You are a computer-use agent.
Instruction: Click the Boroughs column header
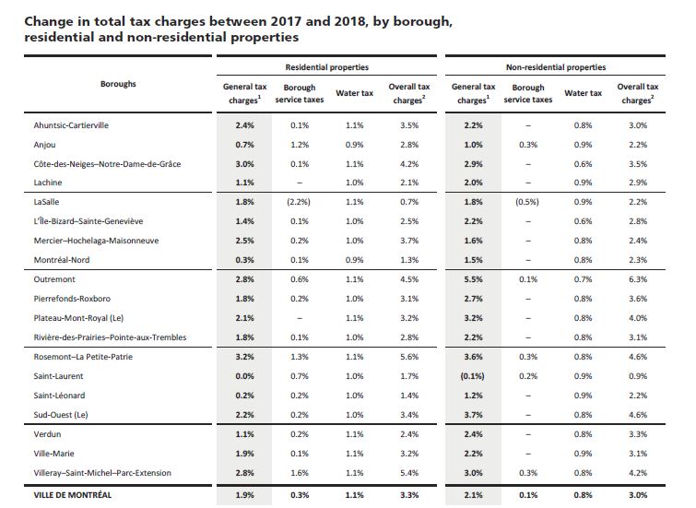(x=118, y=83)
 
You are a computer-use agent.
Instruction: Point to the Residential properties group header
(x=329, y=67)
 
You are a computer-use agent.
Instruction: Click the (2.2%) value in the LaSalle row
(x=298, y=201)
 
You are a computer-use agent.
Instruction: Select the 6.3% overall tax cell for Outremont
(x=637, y=278)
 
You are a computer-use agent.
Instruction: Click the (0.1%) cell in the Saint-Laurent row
(x=471, y=377)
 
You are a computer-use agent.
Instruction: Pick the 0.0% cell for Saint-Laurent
(x=243, y=377)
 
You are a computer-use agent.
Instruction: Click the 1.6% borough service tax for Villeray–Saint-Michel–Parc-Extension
(x=298, y=473)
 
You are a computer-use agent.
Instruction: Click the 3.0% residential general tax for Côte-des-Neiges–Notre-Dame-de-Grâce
(x=243, y=163)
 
